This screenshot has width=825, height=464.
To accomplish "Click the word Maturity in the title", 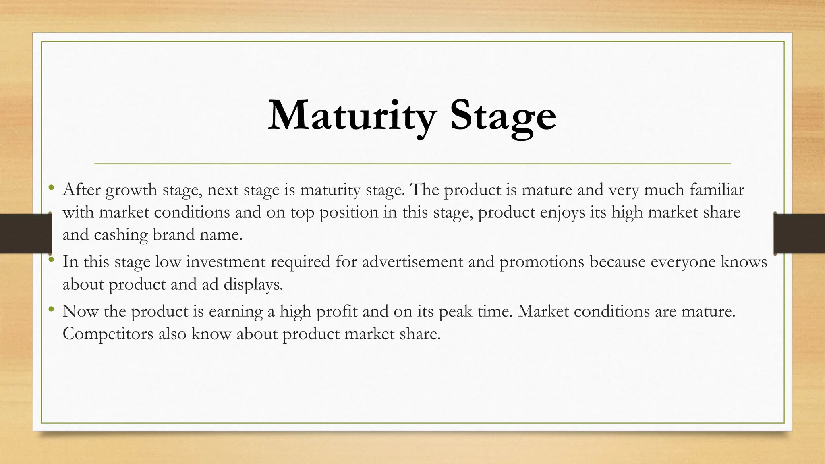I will (352, 116).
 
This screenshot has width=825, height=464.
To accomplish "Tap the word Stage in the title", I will (503, 116).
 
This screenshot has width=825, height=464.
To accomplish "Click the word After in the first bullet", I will (81, 189).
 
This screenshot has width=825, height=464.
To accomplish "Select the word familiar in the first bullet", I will (717, 189).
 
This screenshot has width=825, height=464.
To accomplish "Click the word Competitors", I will (108, 334).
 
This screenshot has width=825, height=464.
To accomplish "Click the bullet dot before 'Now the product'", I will (51, 309).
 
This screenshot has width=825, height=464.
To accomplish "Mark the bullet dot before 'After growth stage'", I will (51, 187).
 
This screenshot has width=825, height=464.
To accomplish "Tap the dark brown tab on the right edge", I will (799, 234).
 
